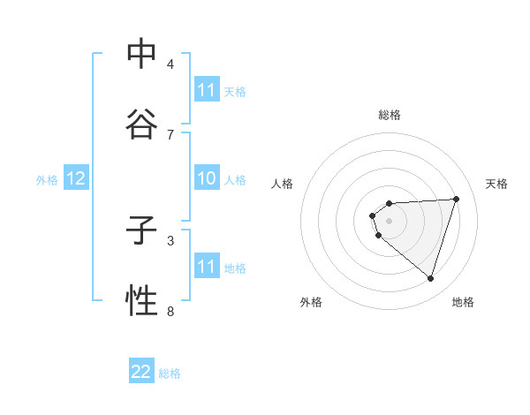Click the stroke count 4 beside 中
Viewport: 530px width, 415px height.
pyautogui.click(x=170, y=64)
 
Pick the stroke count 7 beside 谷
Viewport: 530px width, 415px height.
pyautogui.click(x=170, y=134)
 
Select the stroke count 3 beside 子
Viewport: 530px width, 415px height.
pyautogui.click(x=170, y=239)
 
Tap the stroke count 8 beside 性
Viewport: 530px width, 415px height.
pyautogui.click(x=170, y=310)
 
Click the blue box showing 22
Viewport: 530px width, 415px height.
pyautogui.click(x=141, y=372)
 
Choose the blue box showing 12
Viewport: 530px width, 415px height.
pyautogui.click(x=75, y=179)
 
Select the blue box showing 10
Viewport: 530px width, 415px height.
pyautogui.click(x=206, y=179)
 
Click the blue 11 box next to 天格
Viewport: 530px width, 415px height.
pyautogui.click(x=206, y=90)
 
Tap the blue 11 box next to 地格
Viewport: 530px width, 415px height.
pyautogui.click(x=206, y=267)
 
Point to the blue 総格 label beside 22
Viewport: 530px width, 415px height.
pyautogui.click(x=170, y=373)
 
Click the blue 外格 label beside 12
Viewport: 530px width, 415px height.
pyautogui.click(x=47, y=180)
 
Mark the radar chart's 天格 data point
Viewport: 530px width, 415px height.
pyautogui.click(x=456, y=199)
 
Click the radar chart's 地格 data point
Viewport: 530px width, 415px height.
pyautogui.click(x=430, y=278)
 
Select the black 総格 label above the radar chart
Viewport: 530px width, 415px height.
pyautogui.click(x=390, y=115)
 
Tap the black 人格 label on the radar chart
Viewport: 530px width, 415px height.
pyautogui.click(x=283, y=184)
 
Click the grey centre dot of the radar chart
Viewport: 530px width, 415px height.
pyautogui.click(x=390, y=221)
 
